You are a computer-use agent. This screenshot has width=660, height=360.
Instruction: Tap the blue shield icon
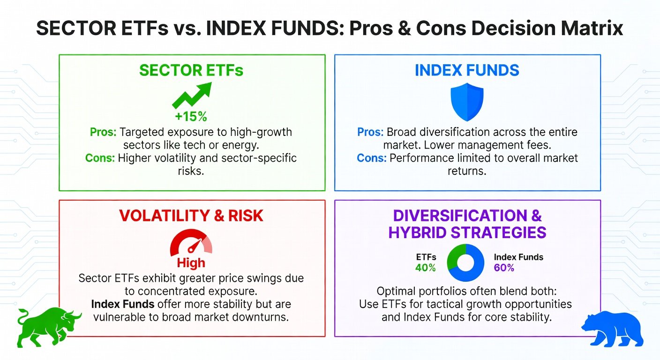pos(467,102)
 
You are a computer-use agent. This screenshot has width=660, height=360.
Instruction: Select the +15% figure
pos(191,117)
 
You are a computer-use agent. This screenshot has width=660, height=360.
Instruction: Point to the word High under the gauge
pos(191,263)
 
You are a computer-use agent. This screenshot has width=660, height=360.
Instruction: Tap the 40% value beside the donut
pos(426,268)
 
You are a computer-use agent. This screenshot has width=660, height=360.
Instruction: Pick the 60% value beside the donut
pos(504,268)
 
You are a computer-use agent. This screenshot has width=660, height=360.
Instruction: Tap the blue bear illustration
pos(613,330)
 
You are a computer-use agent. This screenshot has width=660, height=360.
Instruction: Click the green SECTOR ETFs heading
pos(191,70)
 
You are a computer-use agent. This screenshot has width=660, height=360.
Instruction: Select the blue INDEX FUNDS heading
pos(467,70)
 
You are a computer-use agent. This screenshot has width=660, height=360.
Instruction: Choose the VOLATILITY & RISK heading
pos(191,216)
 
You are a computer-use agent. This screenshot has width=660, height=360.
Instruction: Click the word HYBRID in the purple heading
pos(417,232)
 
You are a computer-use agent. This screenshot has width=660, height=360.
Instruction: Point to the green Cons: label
pos(100,158)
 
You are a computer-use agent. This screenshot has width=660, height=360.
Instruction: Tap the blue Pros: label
pos(370,132)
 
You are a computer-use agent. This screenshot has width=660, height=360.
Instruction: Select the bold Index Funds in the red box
pos(122,304)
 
